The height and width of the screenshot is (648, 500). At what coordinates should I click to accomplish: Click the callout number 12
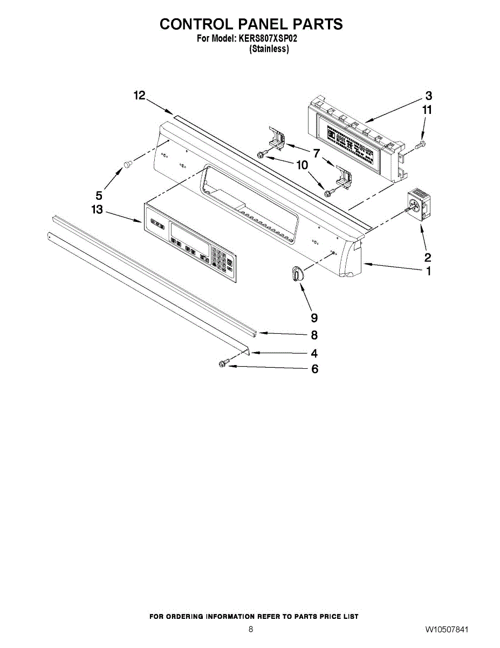(x=140, y=96)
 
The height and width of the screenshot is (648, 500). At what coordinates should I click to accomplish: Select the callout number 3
(x=428, y=96)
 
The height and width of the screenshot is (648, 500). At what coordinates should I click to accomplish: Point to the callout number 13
(x=97, y=210)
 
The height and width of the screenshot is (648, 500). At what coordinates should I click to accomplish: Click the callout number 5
(x=99, y=196)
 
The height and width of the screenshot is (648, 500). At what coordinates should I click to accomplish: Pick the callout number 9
(x=314, y=318)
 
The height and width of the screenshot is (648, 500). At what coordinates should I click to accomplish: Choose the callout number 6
(x=314, y=369)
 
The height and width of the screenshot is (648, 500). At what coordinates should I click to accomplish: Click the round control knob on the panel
(x=296, y=274)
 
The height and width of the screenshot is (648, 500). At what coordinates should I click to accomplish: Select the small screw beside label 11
(x=422, y=144)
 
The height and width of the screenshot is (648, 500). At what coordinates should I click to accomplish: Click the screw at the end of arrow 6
(x=223, y=365)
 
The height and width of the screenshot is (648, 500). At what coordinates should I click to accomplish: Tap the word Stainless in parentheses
(x=269, y=49)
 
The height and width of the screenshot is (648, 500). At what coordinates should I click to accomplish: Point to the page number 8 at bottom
(x=250, y=630)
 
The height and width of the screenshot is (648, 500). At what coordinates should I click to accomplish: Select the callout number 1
(x=428, y=272)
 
